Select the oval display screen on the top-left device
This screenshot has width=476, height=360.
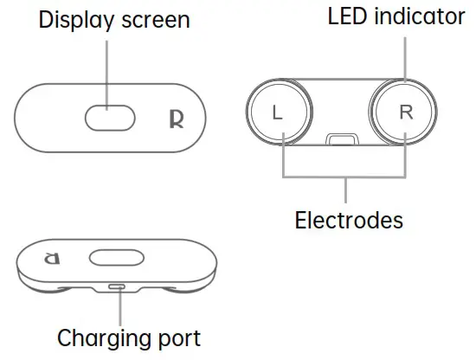coord(110,117)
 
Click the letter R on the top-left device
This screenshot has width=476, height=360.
coord(176,118)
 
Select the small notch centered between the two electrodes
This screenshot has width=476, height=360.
coord(341,139)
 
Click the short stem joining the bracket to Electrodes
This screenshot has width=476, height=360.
coord(345,190)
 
